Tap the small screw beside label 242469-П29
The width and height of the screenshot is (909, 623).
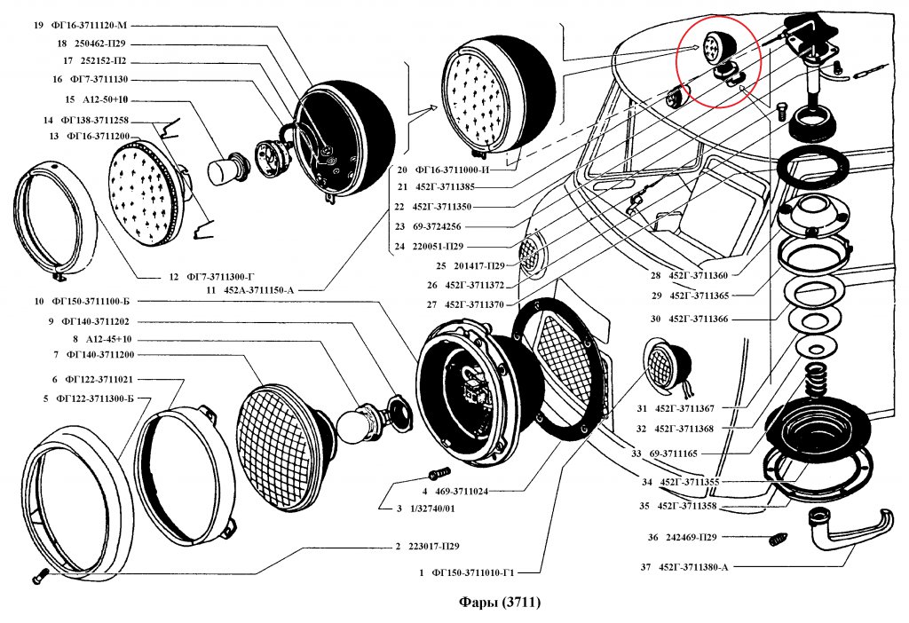click(779, 537)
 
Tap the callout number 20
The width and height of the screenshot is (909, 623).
click(402, 169)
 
